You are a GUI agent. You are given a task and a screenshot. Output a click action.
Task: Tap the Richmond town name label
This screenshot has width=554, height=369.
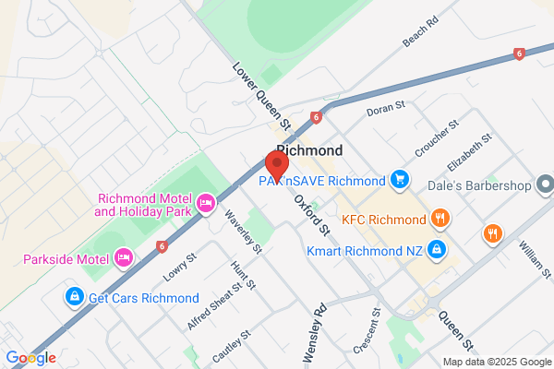(x=309, y=150)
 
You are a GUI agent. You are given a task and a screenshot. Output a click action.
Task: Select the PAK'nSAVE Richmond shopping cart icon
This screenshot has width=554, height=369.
(x=399, y=178)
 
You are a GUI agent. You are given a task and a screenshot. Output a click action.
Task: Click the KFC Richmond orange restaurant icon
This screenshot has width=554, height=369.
(x=440, y=219)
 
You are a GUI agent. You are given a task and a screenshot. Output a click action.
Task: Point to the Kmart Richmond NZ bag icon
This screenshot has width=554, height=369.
(x=438, y=249)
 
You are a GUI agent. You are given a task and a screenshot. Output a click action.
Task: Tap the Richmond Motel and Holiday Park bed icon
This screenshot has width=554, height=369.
(x=206, y=201)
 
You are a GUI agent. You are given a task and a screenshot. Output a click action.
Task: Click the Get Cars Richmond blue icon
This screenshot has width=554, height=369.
(x=73, y=297)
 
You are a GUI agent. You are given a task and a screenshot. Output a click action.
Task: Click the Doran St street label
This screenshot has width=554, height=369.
(x=387, y=111)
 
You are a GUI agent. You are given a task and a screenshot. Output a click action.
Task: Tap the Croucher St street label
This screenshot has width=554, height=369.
(x=438, y=138)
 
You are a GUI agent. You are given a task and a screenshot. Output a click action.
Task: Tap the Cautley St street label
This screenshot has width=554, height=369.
(x=232, y=345)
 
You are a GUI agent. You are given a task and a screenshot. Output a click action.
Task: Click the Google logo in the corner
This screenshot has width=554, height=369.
(x=30, y=358)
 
